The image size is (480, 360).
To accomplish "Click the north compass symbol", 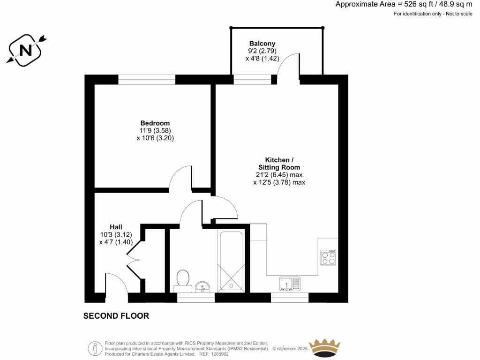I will tap(26, 49).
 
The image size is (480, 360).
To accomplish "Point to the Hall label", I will tap(116, 226).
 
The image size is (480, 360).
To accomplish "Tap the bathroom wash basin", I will tap(203, 286).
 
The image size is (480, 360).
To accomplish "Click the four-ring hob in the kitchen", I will tap(328, 257).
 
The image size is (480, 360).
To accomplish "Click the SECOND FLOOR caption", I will tap(116, 316).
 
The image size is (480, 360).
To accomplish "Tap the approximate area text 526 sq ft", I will tap(404, 4).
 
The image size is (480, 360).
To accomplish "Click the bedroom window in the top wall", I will tap(147, 80).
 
